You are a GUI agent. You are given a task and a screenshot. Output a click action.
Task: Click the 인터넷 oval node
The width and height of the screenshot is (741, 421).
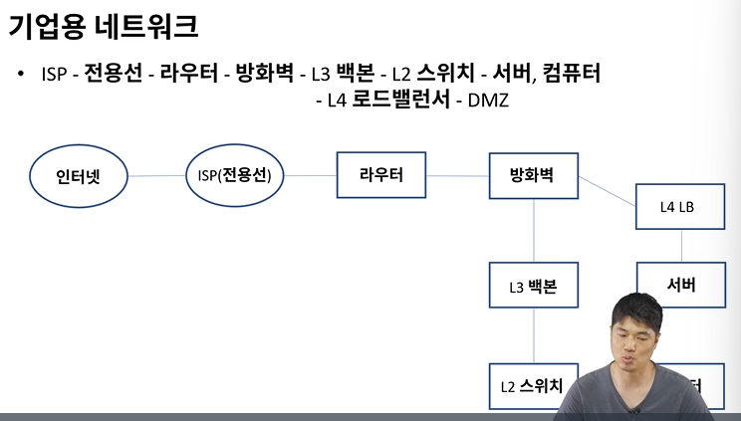tap(78, 177)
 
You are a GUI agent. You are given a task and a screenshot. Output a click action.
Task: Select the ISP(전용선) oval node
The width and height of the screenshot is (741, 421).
tap(235, 176)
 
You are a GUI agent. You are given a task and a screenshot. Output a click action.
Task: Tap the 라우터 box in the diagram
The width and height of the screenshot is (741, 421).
tap(380, 175)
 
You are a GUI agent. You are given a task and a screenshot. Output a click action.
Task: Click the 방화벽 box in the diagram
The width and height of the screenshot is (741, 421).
tap(534, 175)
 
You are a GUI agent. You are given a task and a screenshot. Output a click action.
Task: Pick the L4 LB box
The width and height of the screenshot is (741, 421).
tap(681, 207)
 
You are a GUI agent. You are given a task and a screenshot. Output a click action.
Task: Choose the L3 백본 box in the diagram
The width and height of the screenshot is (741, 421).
tap(533, 287)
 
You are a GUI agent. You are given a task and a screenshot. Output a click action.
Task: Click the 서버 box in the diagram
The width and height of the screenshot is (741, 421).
tap(681, 286)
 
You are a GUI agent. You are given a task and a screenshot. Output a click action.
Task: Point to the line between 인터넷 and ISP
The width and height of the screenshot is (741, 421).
tap(157, 177)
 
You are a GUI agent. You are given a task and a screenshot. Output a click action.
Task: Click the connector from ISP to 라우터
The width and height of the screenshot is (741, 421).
tap(311, 176)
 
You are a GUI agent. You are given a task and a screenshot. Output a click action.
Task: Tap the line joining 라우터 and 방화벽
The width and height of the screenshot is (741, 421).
tap(457, 176)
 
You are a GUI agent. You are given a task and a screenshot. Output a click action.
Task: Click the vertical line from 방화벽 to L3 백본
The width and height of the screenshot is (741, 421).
tap(534, 231)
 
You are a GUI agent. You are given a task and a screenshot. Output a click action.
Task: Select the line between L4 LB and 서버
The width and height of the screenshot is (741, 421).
tap(681, 247)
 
